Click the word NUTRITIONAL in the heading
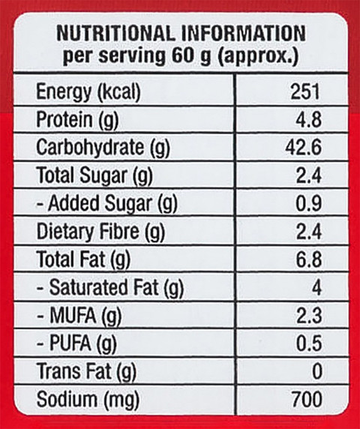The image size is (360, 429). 115,34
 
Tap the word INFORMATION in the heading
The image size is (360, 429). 244,34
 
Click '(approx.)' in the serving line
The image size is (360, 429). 258,57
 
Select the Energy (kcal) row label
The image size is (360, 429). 88,91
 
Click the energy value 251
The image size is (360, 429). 304,91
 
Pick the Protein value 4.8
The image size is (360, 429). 308,119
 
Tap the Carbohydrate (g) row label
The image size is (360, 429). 103,148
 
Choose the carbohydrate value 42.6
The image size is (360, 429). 303,148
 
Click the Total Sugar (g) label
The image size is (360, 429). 94,175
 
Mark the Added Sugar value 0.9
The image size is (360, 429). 308,203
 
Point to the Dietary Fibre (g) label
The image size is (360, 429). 100,232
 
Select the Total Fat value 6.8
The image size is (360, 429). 308,259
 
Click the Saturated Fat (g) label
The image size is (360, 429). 110,288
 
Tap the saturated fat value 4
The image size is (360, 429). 316,287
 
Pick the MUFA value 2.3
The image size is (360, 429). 308,316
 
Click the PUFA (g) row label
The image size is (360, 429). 76,343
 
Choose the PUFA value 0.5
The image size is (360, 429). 308,343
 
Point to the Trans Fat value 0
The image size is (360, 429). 316,371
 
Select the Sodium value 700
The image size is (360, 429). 307,400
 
